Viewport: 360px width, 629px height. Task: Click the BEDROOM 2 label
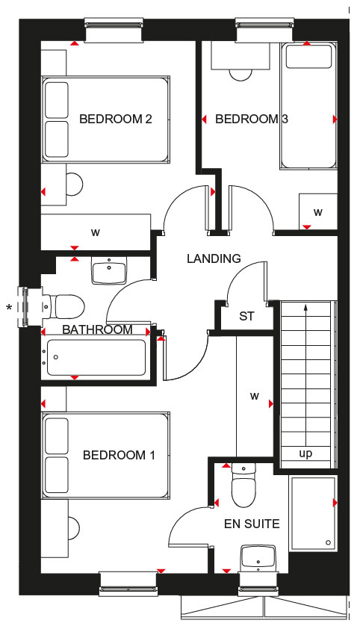tap(116, 119)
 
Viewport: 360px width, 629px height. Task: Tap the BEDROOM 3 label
tap(252, 119)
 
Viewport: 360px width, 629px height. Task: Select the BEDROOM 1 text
tap(119, 455)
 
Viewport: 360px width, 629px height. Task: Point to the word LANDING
tap(214, 258)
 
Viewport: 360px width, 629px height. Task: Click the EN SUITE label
tap(252, 524)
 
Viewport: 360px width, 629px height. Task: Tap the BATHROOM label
tap(97, 329)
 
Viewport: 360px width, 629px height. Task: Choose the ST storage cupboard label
tap(246, 317)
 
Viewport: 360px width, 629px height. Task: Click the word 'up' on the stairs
tap(305, 454)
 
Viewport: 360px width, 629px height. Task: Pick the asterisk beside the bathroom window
tap(9, 308)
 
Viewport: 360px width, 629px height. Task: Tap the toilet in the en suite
tap(243, 486)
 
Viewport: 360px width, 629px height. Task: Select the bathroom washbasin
tap(109, 270)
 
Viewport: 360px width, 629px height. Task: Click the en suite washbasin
tap(258, 558)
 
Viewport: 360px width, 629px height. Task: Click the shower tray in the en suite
tap(313, 513)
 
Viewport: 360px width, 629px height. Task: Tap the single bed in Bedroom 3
tap(308, 105)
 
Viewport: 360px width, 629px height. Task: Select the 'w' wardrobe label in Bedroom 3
tap(318, 212)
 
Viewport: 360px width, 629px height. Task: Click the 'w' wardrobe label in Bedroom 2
tap(95, 232)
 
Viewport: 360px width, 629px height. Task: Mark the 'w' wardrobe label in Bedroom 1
tap(255, 397)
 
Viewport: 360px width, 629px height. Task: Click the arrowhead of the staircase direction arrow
tap(306, 308)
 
